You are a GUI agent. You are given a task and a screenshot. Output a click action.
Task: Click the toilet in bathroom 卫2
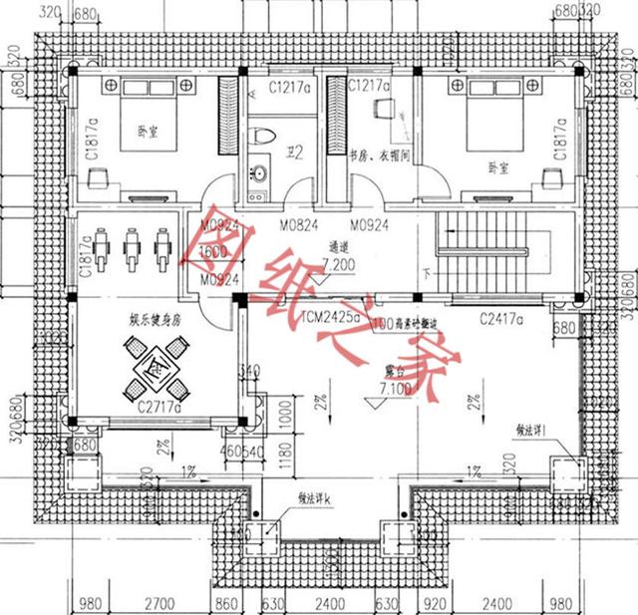tap(263, 137)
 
